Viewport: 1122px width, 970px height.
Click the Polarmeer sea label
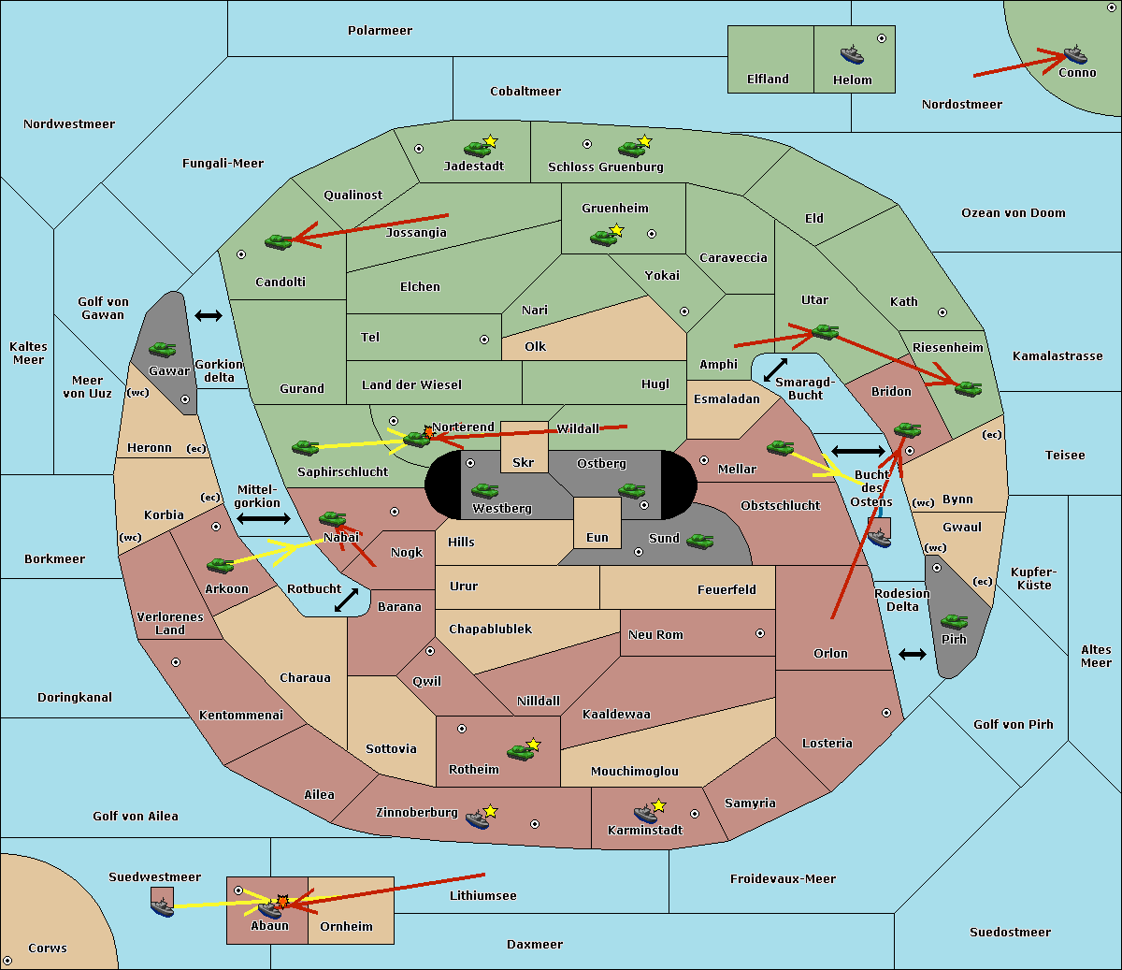click(x=380, y=31)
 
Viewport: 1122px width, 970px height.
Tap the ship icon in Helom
click(x=852, y=54)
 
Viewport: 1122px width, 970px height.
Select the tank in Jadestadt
click(x=477, y=149)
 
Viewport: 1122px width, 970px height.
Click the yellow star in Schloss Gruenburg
click(x=644, y=141)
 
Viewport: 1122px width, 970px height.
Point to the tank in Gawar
click(x=163, y=349)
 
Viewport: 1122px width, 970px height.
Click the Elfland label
click(x=768, y=80)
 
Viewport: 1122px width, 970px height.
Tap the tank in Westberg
click(x=484, y=491)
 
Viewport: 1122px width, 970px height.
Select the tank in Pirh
click(x=954, y=621)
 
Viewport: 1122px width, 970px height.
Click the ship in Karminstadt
click(x=645, y=814)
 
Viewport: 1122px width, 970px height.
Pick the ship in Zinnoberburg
click(x=477, y=819)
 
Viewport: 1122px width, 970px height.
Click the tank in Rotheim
click(x=520, y=752)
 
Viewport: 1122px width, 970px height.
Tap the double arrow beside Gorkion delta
click(x=209, y=315)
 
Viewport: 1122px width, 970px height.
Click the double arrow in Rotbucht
click(x=346, y=600)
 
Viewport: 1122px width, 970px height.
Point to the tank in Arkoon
click(x=221, y=565)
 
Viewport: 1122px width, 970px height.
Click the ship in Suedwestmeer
click(x=163, y=906)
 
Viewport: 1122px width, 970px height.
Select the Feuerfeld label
click(x=726, y=589)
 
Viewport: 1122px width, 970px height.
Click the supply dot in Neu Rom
click(x=760, y=633)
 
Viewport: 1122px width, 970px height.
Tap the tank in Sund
click(x=699, y=541)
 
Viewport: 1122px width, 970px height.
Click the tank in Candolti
click(x=279, y=241)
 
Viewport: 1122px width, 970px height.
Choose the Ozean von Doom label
click(x=1013, y=213)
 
